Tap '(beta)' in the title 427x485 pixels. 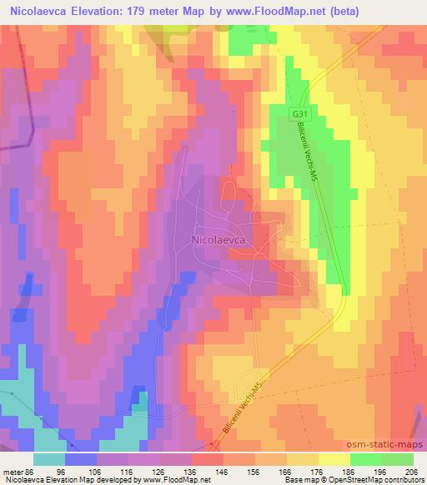point(395,12)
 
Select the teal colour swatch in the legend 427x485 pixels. point(49,460)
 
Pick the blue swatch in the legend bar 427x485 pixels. point(81,460)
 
